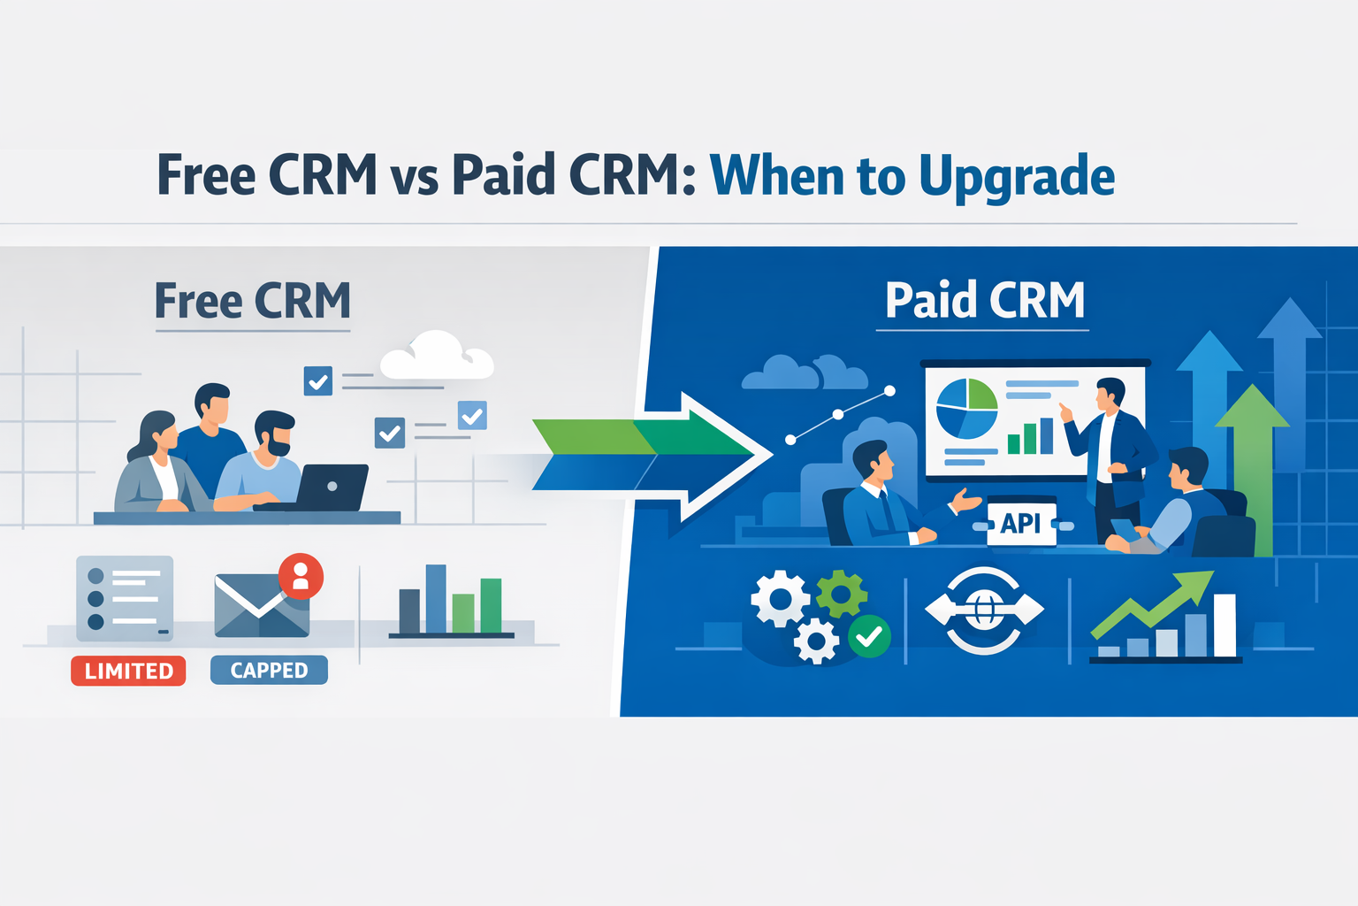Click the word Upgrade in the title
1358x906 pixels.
point(1017,177)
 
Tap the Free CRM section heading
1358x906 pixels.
point(253,301)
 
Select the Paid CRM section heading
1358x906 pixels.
point(984,301)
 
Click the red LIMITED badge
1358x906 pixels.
point(128,671)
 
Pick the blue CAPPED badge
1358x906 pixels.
point(269,670)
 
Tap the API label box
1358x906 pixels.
point(1020,523)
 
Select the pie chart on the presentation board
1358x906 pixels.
point(966,408)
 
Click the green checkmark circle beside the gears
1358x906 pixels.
point(869,635)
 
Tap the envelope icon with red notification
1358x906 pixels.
point(263,604)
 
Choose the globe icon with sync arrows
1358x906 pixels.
point(984,610)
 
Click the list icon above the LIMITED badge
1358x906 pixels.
point(125,598)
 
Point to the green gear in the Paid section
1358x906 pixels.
point(840,594)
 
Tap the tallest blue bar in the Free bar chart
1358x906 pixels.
point(436,598)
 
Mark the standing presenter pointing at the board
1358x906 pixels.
point(1110,451)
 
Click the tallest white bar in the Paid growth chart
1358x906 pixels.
point(1224,625)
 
